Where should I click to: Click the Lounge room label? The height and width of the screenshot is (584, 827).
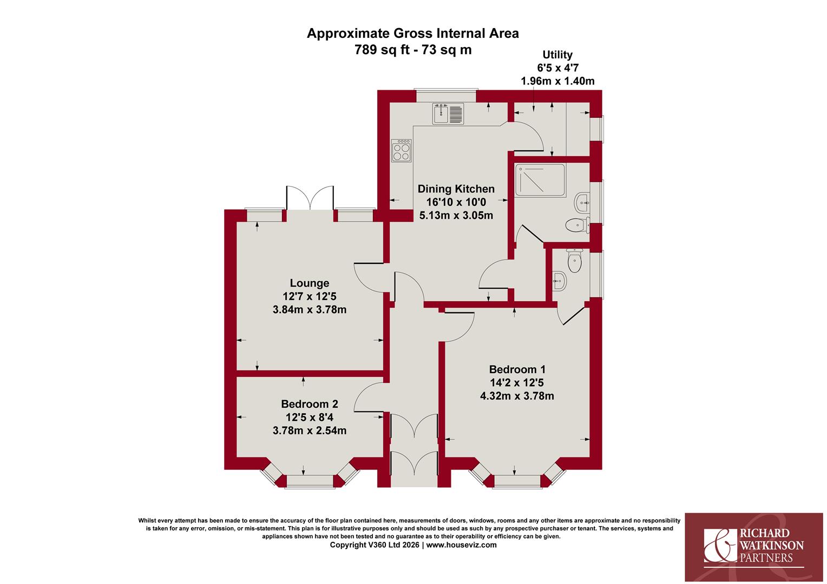coord(310,283)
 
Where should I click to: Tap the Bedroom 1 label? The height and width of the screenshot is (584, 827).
coord(517,369)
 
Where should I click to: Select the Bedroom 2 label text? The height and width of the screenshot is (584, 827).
coord(310,404)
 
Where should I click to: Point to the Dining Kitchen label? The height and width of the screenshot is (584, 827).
coord(456,189)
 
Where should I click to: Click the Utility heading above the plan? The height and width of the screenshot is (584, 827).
coord(557,55)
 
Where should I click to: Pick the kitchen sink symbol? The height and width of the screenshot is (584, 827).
coord(448,113)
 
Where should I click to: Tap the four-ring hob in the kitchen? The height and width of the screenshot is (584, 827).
coord(401,150)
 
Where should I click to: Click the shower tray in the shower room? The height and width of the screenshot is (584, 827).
coord(540,181)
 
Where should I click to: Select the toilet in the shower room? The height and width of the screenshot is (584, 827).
coord(577,225)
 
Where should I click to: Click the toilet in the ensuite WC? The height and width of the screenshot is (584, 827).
coord(574,261)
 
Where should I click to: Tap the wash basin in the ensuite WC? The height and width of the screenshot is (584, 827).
coord(559,282)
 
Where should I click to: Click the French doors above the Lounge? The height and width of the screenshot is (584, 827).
coord(310,198)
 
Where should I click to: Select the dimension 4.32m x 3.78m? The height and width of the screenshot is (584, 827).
coord(517,396)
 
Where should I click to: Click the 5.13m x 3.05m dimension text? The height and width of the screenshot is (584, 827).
coord(456,215)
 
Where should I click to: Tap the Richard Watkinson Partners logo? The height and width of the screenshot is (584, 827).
coord(754,547)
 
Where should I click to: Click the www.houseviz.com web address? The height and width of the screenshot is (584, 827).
coord(462,545)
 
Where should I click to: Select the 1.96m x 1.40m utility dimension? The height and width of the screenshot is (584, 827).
coord(557,81)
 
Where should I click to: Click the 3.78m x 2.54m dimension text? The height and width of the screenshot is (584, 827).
coord(310,430)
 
